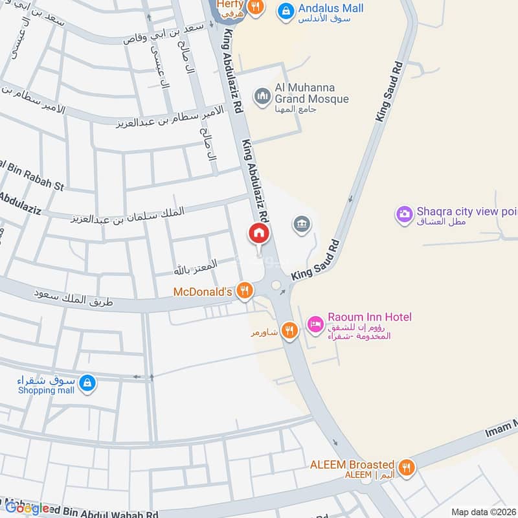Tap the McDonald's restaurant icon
244,291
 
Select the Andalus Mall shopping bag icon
284,10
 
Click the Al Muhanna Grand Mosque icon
262,96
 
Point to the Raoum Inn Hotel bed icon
315,323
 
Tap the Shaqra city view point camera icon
405,214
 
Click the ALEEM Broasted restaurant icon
407,467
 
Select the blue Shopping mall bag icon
87,383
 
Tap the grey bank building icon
302,225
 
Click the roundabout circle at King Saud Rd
276,285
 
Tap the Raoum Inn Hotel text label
369,317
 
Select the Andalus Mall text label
330,8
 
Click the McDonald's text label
203,292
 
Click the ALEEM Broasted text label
352,464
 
